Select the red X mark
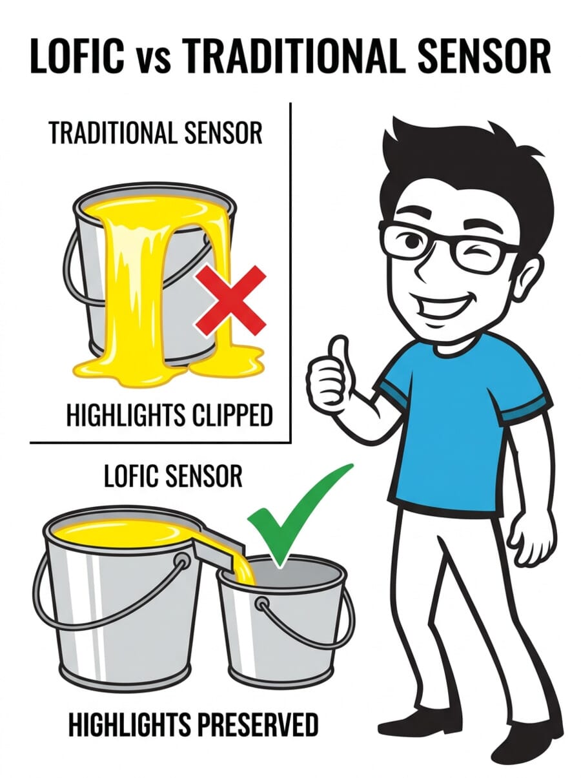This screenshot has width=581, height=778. click(231, 300)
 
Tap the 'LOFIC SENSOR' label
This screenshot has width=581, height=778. click(172, 476)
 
